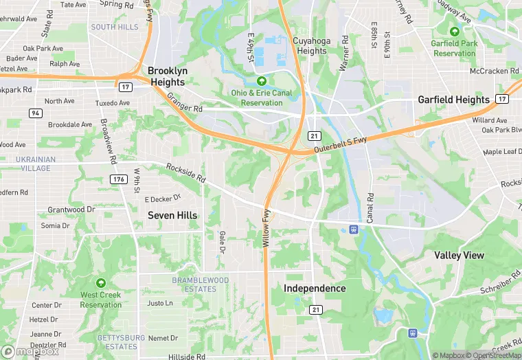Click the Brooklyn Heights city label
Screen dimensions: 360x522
[166, 76]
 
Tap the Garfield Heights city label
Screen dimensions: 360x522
[454, 100]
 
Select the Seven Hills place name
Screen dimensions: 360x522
[172, 215]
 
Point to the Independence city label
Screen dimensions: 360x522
[315, 289]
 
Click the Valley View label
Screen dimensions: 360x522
[459, 256]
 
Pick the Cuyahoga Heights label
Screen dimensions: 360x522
[310, 46]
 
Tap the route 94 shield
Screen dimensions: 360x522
[35, 113]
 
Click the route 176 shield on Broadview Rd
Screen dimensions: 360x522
[117, 179]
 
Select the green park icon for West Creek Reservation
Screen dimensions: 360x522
[101, 283]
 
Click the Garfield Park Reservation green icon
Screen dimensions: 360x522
[454, 32]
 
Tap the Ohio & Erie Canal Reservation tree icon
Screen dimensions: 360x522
[261, 81]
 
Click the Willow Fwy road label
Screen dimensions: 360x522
[266, 229]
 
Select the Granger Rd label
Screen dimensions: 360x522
[185, 103]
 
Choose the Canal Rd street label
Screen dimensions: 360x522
[370, 206]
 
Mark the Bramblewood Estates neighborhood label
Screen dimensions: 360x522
[200, 284]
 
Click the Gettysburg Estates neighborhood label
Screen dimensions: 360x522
[122, 342]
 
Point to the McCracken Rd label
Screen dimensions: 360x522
[492, 71]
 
